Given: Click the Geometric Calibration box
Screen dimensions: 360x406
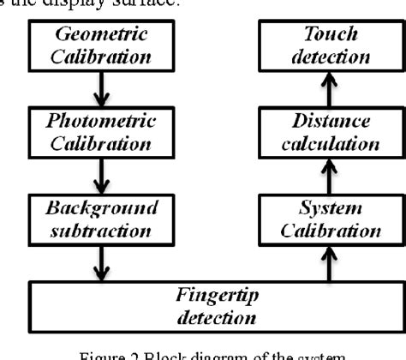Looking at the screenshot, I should pyautogui.click(x=100, y=46).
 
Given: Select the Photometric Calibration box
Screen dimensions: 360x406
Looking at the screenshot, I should pyautogui.click(x=100, y=131).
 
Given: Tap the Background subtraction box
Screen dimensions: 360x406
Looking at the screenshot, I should pyautogui.click(x=100, y=219).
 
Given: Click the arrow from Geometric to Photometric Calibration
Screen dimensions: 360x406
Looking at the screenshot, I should pyautogui.click(x=100, y=88).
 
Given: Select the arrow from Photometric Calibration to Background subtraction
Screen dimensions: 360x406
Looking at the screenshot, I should pyautogui.click(x=100, y=175).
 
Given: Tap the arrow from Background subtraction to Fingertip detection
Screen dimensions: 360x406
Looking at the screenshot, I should pyautogui.click(x=100, y=261).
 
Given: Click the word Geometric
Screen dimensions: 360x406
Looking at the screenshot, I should pyautogui.click(x=100, y=36).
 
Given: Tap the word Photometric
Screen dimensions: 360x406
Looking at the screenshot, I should pyautogui.click(x=100, y=121).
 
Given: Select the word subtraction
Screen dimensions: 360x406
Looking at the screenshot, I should pyautogui.click(x=100, y=229).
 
